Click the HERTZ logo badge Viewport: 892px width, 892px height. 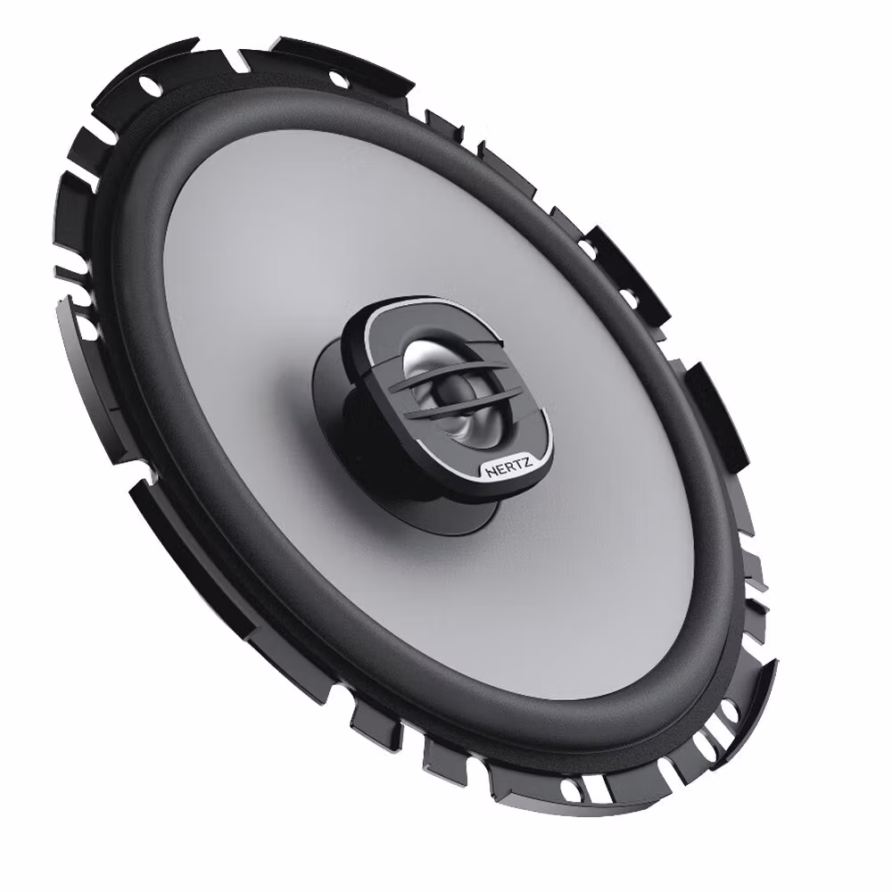(508, 468)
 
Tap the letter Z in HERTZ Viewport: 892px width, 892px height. (527, 463)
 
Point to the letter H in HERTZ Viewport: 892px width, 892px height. (491, 472)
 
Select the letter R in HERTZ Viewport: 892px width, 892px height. (508, 467)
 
